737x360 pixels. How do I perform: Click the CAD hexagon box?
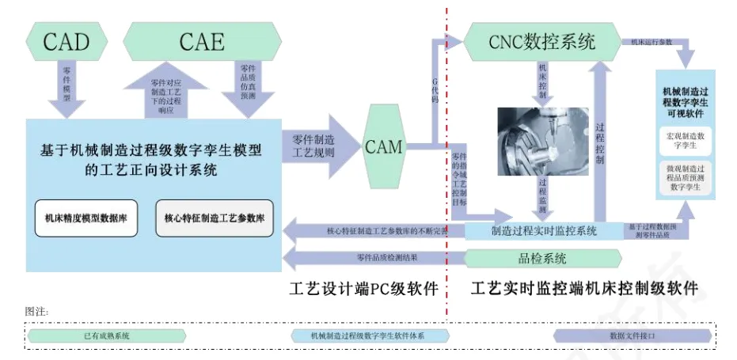66,40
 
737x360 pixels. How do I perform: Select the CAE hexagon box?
202,40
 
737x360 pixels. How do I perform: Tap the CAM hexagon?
383,146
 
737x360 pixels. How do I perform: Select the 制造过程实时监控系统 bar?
544,231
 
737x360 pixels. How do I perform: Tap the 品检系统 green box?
542,258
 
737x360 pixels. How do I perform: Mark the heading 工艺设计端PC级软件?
364,289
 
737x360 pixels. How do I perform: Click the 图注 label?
37,311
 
